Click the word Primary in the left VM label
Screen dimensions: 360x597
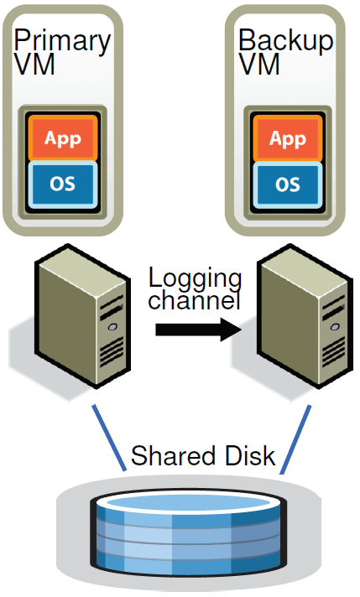(62, 41)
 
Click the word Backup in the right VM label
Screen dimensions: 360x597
(285, 40)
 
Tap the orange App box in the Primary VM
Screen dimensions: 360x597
(63, 138)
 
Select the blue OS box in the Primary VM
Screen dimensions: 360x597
(63, 184)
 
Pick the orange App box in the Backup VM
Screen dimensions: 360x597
(288, 138)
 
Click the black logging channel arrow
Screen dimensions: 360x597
(199, 330)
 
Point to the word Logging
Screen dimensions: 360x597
(195, 279)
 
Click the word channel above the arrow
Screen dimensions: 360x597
(195, 300)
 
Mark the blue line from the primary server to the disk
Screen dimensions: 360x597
(109, 438)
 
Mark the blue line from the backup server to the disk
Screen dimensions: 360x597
(295, 439)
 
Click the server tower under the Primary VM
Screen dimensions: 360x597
(83, 316)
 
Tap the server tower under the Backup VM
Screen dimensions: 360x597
(304, 316)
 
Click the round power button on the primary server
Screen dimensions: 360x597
(112, 327)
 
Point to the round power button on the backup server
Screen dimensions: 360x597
(334, 327)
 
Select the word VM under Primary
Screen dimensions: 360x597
(34, 64)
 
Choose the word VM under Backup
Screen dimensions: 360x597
(259, 64)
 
